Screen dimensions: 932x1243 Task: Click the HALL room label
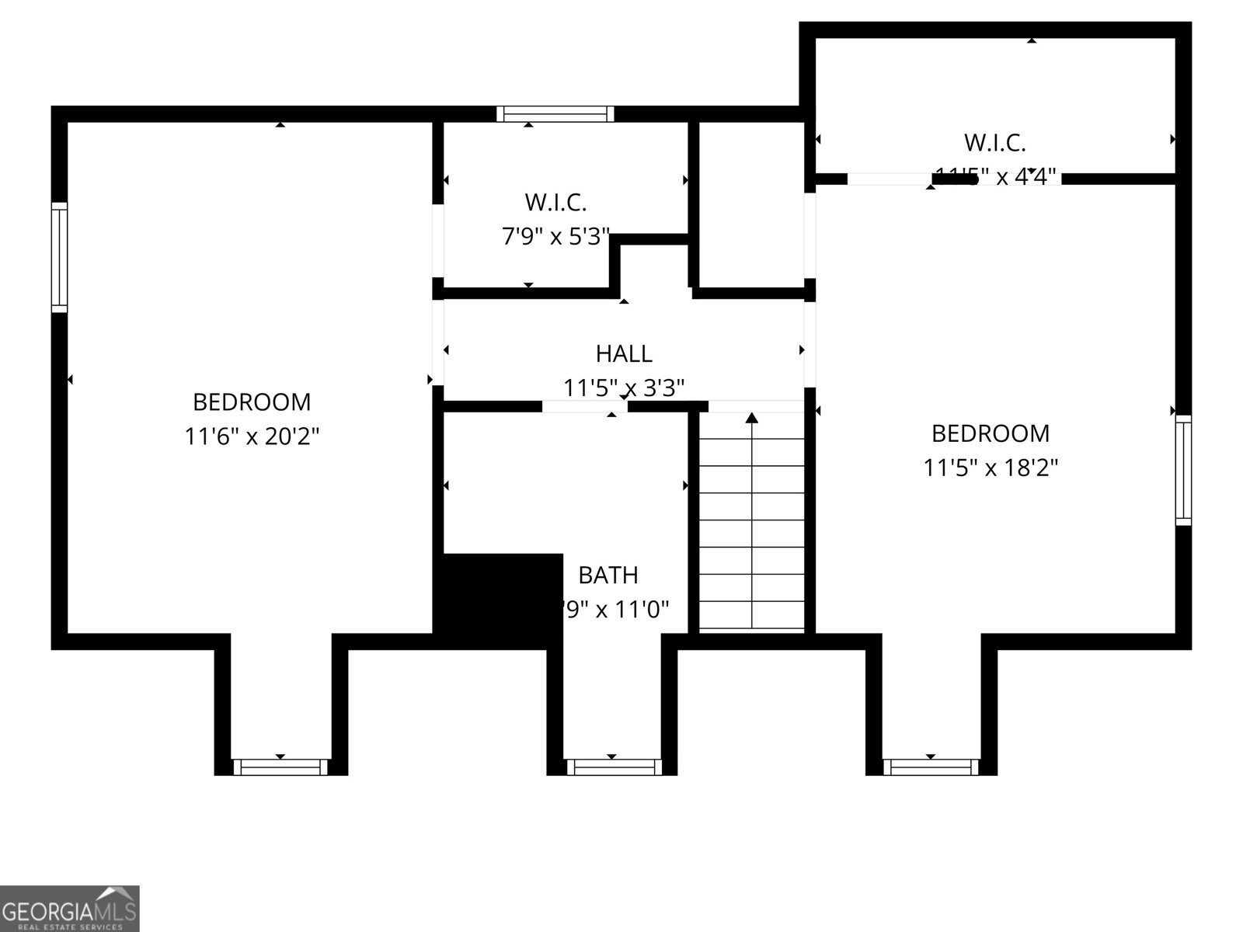[x=624, y=354]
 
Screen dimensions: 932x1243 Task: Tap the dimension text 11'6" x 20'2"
[x=252, y=436]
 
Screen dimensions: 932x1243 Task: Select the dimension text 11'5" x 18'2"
[x=991, y=468]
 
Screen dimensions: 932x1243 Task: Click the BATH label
[x=608, y=576]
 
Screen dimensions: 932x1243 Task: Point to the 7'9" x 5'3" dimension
[x=555, y=236]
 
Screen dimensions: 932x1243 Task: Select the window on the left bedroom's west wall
[x=59, y=257]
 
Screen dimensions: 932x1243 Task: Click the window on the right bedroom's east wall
[x=1182, y=470]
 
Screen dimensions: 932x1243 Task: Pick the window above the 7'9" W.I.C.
[x=555, y=114]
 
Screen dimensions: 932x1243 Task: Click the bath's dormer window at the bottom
[x=614, y=767]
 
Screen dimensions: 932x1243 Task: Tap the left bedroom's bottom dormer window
[x=280, y=767]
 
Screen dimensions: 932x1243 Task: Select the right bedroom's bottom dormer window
[x=931, y=767]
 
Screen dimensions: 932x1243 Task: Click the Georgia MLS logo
[x=70, y=908]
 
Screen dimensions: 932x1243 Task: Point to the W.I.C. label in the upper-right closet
[x=995, y=143]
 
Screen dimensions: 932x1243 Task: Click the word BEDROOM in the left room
[x=252, y=402]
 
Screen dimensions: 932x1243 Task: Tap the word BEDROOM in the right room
[x=991, y=433]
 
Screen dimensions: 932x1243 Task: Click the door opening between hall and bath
[x=584, y=406]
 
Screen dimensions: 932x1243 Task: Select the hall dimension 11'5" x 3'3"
[x=624, y=388]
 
